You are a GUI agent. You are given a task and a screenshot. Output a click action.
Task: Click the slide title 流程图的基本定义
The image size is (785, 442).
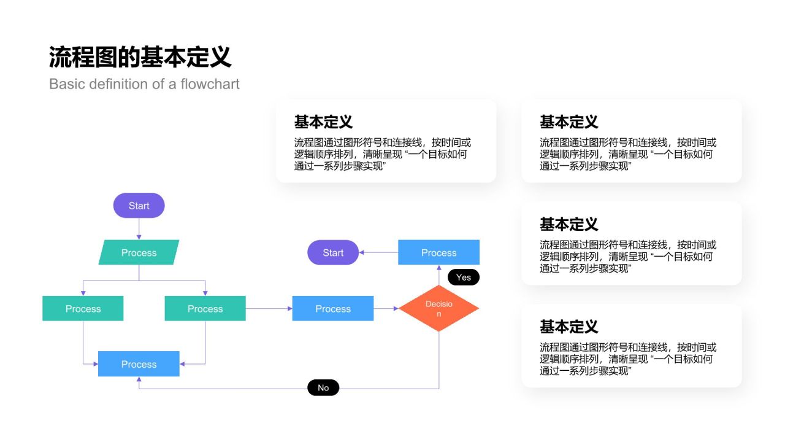pyautogui.click(x=140, y=57)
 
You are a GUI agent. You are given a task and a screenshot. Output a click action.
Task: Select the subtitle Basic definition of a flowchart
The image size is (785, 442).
pyautogui.click(x=144, y=84)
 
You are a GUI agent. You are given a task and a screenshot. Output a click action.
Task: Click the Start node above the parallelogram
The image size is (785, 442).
pyautogui.click(x=139, y=206)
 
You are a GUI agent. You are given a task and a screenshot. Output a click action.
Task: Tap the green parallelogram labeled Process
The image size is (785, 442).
pyautogui.click(x=139, y=252)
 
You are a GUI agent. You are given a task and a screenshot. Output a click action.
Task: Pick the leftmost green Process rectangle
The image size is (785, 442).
pyautogui.click(x=83, y=308)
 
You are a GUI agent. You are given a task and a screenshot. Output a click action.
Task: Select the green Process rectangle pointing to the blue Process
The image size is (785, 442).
pyautogui.click(x=205, y=308)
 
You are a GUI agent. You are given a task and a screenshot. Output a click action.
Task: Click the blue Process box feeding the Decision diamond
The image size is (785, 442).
pyautogui.click(x=333, y=308)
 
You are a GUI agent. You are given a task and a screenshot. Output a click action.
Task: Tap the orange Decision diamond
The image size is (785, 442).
pyautogui.click(x=439, y=308)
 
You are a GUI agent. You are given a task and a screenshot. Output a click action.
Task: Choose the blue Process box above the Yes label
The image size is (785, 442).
pyautogui.click(x=439, y=252)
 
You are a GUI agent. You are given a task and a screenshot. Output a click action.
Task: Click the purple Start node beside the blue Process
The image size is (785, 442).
pyautogui.click(x=333, y=252)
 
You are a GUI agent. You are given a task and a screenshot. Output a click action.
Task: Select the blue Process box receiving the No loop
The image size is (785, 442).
pyautogui.click(x=139, y=364)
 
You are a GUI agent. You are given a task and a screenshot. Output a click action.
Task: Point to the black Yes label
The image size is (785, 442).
pyautogui.click(x=464, y=277)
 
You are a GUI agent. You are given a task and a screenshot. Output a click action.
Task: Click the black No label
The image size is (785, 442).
pyautogui.click(x=323, y=388)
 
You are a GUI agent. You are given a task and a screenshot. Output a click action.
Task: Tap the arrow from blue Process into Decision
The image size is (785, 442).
pyautogui.click(x=386, y=308)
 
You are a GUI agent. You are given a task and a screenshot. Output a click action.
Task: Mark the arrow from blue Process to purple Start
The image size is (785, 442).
pyautogui.click(x=378, y=252)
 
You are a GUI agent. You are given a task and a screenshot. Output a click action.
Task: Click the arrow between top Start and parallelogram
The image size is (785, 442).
pyautogui.click(x=139, y=229)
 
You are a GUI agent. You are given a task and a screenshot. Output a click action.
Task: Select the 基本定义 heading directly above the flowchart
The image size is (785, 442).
pyautogui.click(x=323, y=122)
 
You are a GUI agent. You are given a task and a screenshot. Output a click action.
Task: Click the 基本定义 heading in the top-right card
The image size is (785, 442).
pyautogui.click(x=569, y=122)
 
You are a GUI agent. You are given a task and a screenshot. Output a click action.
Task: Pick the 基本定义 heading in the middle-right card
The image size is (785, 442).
pyautogui.click(x=569, y=224)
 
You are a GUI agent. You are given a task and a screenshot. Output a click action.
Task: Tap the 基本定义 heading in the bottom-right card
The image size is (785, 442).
pyautogui.click(x=569, y=327)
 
